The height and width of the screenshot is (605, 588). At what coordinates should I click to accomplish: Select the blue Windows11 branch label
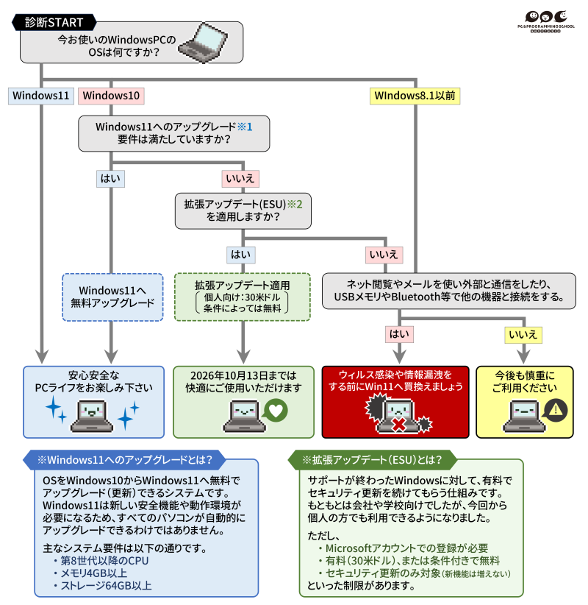(41, 96)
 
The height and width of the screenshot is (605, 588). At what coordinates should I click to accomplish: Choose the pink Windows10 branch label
(111, 96)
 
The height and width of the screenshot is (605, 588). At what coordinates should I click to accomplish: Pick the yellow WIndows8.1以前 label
(415, 96)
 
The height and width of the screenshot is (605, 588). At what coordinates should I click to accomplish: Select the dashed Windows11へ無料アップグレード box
(112, 297)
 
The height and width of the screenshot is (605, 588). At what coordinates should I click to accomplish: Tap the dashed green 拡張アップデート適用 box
(242, 297)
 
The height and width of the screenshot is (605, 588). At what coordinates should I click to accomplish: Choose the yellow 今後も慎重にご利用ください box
(524, 401)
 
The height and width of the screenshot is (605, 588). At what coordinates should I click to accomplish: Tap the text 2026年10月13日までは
(242, 375)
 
